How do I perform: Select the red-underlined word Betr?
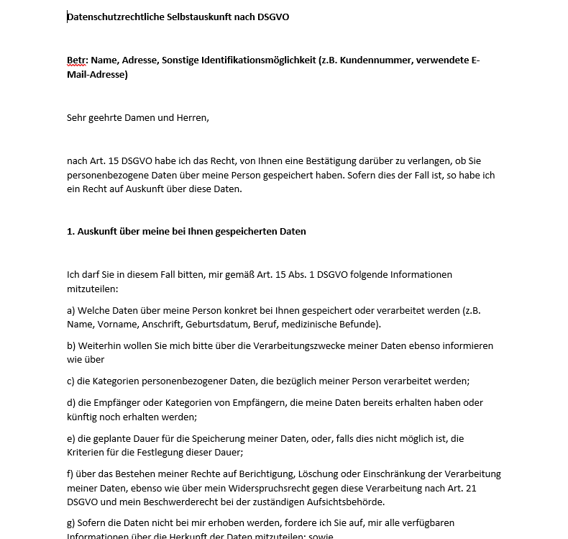coord(76,60)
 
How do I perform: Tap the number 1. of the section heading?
coord(70,231)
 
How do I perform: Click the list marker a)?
coord(71,310)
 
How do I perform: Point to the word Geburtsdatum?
coord(214,324)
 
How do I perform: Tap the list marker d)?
coord(71,402)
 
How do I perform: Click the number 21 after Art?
coord(493,488)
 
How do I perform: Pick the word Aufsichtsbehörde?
coord(349,502)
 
